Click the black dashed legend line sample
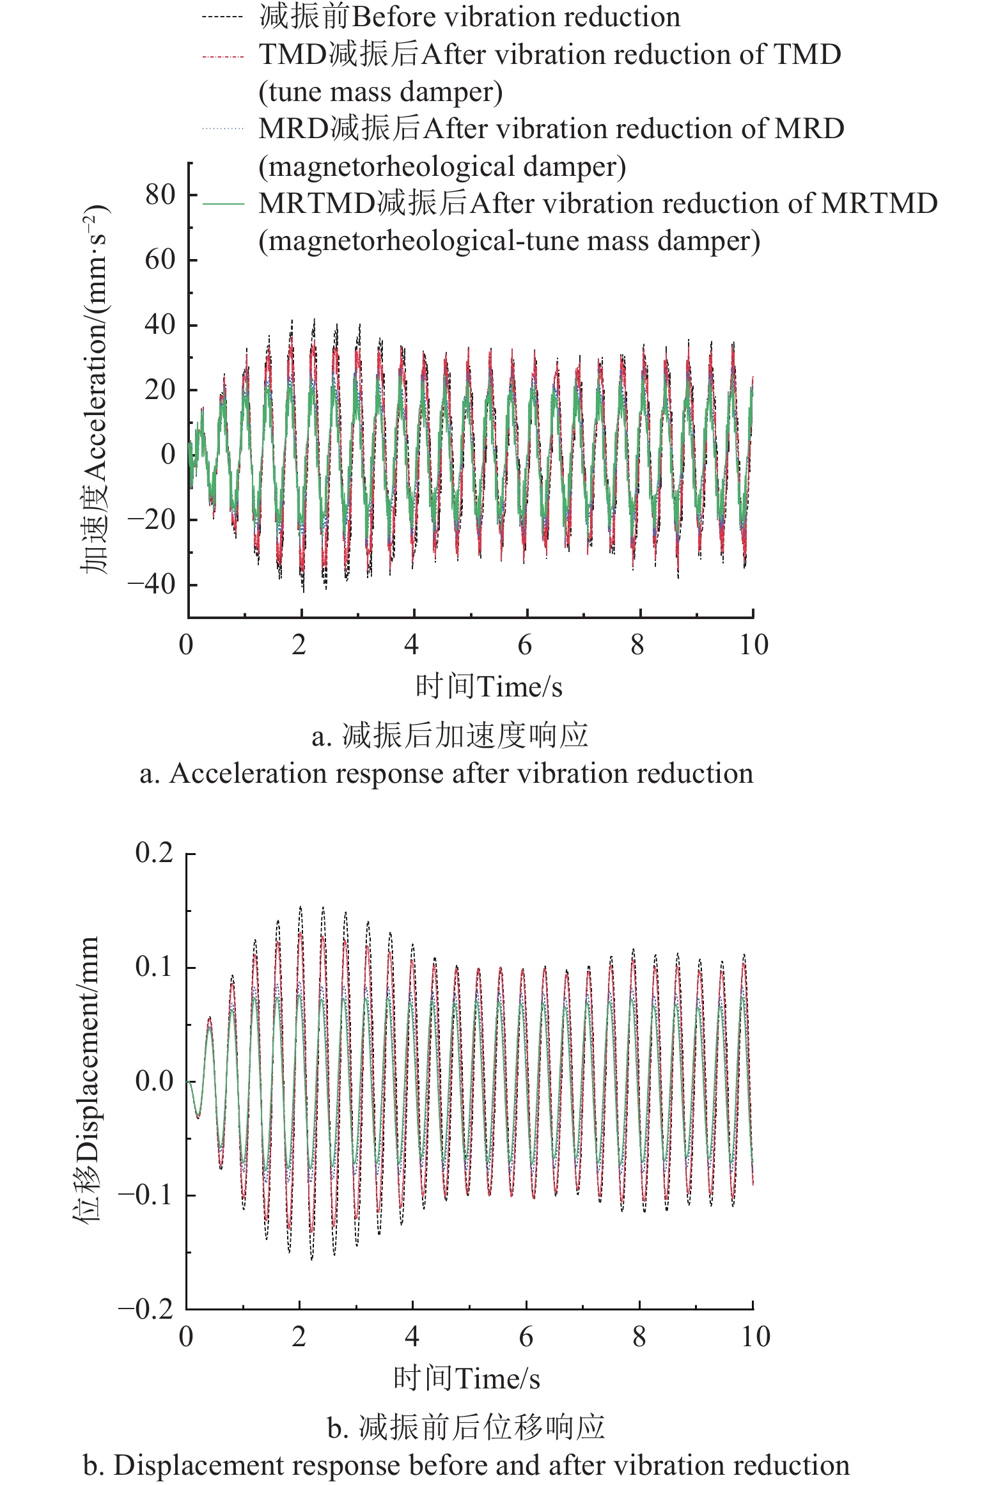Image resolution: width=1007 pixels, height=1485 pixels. tap(223, 17)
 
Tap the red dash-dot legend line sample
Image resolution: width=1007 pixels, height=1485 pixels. tap(223, 56)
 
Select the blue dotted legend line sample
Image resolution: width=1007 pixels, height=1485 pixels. tap(223, 129)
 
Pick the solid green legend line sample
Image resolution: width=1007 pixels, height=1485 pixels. tap(223, 204)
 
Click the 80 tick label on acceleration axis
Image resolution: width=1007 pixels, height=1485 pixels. tap(160, 194)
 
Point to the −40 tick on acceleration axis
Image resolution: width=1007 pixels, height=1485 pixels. tap(152, 584)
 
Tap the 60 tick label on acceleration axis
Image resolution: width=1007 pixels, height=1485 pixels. tap(160, 260)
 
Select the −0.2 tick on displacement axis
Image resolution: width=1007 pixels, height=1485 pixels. tap(146, 1309)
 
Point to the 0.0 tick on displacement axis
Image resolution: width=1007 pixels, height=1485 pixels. tap(154, 1081)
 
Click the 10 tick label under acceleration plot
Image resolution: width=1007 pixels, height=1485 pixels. tap(754, 645)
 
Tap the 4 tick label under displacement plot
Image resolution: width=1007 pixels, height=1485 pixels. tap(412, 1337)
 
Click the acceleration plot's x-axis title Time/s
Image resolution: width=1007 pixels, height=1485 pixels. tap(520, 687)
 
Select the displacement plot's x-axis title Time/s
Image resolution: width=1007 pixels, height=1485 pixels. tap(497, 1379)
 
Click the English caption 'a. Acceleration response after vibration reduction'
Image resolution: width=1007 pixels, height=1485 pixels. tap(446, 773)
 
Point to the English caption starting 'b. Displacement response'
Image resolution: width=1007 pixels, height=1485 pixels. tap(466, 1465)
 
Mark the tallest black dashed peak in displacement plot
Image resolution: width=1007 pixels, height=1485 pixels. tap(300, 906)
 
